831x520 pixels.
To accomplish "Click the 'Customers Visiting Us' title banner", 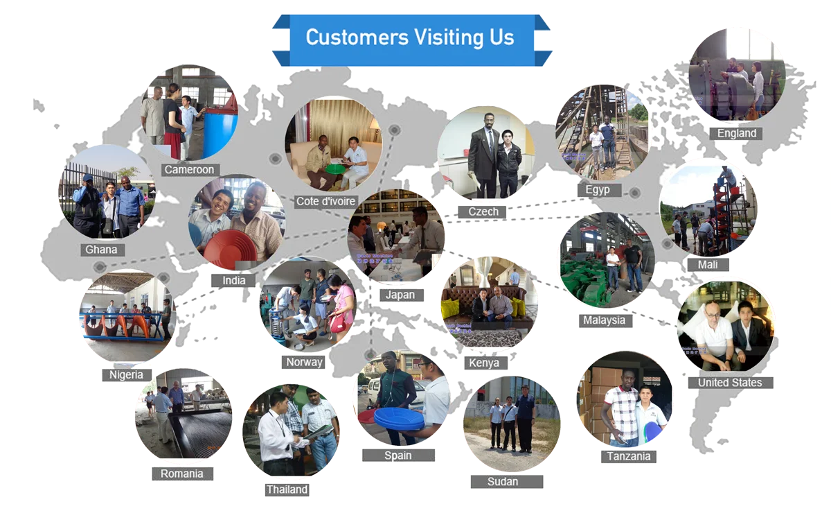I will click(x=410, y=37).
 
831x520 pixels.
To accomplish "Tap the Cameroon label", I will click(x=189, y=170).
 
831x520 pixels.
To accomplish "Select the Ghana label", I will click(x=102, y=250).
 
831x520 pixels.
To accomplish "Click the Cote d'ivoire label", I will click(x=326, y=202).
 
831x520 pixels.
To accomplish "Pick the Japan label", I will click(x=400, y=295).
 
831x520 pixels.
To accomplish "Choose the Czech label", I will click(x=483, y=211).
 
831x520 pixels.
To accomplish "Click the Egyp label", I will click(x=598, y=190).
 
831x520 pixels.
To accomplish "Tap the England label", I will click(x=736, y=133).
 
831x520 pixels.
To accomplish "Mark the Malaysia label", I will click(x=603, y=320).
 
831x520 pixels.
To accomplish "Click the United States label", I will click(x=729, y=383).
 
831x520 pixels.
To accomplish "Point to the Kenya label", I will click(x=484, y=363).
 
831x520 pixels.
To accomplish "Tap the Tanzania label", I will click(x=629, y=456).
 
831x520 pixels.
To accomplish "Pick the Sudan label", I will click(x=503, y=481).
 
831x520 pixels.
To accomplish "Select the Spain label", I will click(x=397, y=456).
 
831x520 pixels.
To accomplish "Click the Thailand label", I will click(x=287, y=489).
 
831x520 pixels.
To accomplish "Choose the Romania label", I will click(x=182, y=474).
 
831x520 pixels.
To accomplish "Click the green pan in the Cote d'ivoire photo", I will click(x=335, y=168).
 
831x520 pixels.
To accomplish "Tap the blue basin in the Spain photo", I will click(x=399, y=418).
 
